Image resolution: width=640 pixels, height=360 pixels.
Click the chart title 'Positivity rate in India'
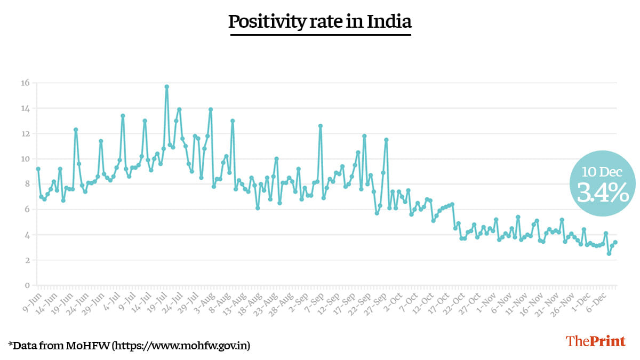click(320, 22)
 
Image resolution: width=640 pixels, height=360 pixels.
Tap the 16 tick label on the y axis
click(25, 83)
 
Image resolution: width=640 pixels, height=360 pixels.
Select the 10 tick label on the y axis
click(25, 159)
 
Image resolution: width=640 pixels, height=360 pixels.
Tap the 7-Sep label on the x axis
click(312, 296)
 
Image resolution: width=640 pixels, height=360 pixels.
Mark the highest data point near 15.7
click(167, 86)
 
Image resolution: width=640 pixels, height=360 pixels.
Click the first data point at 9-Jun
click(38, 169)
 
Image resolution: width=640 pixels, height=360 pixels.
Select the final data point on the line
click(615, 242)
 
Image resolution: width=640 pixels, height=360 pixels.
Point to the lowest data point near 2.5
click(609, 254)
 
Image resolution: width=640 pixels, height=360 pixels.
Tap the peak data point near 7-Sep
click(321, 126)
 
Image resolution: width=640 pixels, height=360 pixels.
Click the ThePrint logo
click(595, 341)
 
